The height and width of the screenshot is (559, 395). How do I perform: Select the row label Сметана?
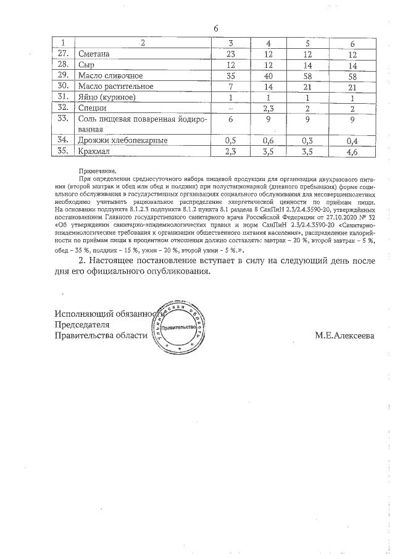[93, 54]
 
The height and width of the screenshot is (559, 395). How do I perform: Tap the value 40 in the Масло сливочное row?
[268, 75]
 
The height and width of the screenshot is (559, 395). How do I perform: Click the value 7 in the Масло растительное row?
[230, 86]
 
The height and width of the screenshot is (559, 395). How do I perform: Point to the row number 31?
[62, 96]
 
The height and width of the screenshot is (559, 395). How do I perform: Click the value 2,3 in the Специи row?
[268, 107]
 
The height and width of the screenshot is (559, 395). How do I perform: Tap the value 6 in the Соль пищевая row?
[230, 119]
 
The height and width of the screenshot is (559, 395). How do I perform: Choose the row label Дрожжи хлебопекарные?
[123, 140]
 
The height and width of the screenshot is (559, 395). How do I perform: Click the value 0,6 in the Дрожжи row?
[268, 140]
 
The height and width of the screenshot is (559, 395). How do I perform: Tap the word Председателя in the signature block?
[82, 325]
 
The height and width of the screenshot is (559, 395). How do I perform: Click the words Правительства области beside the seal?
[101, 336]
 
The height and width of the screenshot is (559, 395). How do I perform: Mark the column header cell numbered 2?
[143, 43]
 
